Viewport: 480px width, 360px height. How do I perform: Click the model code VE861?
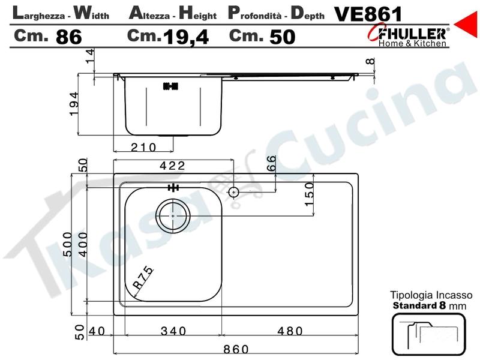(x=368, y=14)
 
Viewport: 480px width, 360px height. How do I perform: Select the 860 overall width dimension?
(x=236, y=349)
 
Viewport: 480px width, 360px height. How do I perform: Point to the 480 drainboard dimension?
(x=290, y=331)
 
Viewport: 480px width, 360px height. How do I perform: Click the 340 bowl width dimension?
(x=173, y=331)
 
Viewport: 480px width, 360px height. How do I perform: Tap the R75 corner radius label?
(x=143, y=278)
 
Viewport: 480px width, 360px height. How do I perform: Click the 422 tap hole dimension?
(x=172, y=166)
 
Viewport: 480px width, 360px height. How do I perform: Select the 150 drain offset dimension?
(x=309, y=194)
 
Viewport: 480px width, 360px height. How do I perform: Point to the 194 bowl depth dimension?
(x=74, y=103)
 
